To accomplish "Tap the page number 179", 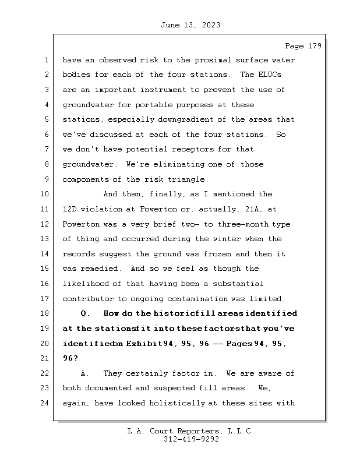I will (x=313, y=46).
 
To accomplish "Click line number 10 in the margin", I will (x=46, y=194).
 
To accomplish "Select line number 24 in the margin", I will (x=46, y=403).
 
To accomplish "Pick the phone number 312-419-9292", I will (x=191, y=440).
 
